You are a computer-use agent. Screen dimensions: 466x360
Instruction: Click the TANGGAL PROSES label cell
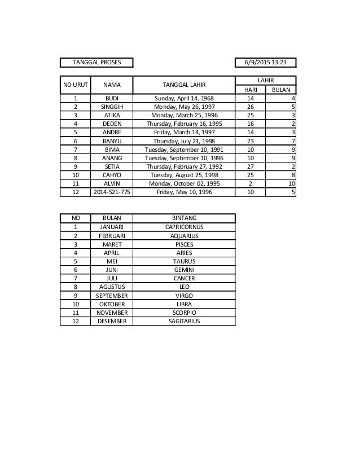tap(96, 61)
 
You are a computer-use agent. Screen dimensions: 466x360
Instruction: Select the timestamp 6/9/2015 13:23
tap(265, 61)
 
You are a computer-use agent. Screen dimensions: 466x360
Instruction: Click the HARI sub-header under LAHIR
tap(251, 90)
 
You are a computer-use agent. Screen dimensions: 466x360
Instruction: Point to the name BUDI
tap(112, 98)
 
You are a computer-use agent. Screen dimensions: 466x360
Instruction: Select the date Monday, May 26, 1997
tap(184, 106)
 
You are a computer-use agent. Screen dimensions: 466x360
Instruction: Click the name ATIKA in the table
tap(112, 115)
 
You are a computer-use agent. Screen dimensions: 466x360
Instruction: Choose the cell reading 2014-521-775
tap(112, 192)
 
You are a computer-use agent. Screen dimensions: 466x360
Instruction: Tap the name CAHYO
tap(112, 175)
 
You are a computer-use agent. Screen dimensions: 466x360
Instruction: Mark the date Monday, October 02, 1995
tap(184, 183)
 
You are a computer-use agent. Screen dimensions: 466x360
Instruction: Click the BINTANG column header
tap(184, 218)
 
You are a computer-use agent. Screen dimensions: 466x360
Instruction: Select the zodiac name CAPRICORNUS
tap(184, 227)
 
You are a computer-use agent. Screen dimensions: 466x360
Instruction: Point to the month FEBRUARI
tap(112, 235)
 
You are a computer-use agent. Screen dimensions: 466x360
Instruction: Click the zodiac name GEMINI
tap(184, 270)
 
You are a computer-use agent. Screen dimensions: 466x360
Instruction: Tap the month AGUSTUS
tap(112, 287)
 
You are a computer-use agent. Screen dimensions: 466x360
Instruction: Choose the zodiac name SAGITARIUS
tap(184, 321)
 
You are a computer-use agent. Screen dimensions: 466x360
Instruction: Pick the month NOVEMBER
tap(112, 313)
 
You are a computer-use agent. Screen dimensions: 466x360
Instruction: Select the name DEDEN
tap(112, 123)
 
